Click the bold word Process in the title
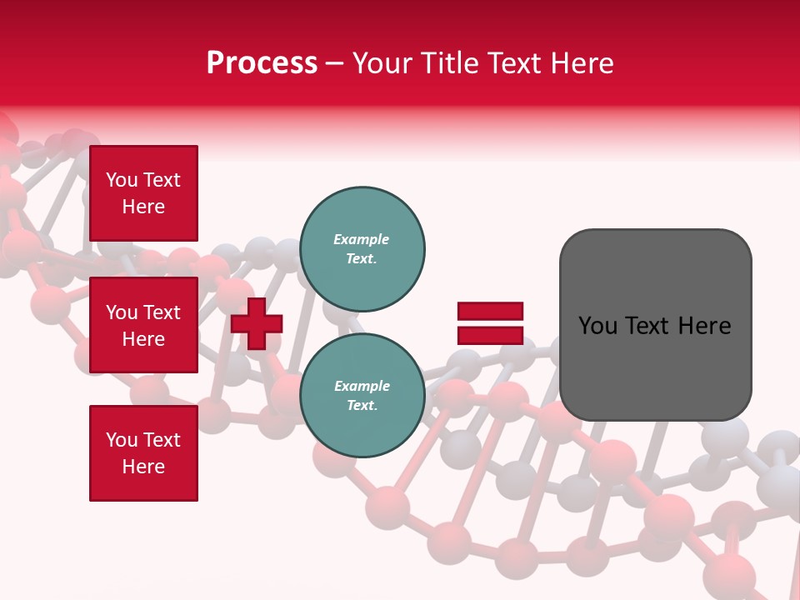click(262, 63)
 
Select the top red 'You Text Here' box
click(143, 193)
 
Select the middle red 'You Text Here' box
click(143, 325)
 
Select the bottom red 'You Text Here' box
click(143, 452)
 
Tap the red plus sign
click(257, 323)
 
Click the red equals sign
click(490, 323)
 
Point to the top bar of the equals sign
click(490, 312)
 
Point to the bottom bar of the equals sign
click(490, 335)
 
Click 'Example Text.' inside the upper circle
click(362, 249)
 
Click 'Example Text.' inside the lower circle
click(362, 396)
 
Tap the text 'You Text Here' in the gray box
click(655, 326)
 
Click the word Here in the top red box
click(143, 207)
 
